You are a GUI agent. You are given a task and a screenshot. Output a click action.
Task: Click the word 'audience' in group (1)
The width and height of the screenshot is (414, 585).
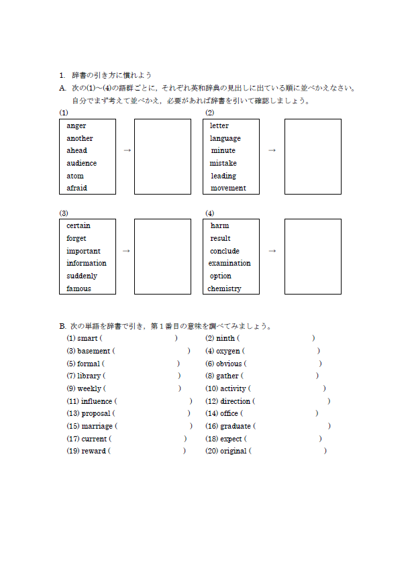[81, 163]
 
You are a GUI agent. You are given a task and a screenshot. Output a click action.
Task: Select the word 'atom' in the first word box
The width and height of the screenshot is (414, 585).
[75, 176]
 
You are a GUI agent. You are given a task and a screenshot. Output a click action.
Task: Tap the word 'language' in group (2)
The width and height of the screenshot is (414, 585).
[225, 138]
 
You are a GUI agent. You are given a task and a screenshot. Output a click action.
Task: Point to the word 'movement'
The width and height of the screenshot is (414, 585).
[228, 188]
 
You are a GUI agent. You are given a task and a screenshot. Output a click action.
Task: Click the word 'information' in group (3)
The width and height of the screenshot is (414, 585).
[86, 263]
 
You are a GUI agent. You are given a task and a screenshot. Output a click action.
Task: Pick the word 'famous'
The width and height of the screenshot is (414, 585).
[79, 288]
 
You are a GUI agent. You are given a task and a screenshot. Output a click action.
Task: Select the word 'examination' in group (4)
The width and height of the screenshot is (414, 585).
[229, 263]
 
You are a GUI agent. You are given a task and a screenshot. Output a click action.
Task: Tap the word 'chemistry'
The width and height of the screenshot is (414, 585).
[224, 288]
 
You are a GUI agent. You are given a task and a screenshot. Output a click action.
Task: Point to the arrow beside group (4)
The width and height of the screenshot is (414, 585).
[272, 250]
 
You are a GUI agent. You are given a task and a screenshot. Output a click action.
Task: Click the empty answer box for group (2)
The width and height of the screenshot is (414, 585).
[313, 156]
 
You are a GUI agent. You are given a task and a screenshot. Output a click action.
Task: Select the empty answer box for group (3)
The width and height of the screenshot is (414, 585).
[162, 256]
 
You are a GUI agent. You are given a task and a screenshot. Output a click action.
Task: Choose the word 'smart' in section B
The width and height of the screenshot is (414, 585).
[87, 338]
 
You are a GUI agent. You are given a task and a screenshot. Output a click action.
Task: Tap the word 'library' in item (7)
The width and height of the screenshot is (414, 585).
[89, 376]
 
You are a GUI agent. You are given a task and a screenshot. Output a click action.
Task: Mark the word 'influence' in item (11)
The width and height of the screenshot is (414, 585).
[97, 401]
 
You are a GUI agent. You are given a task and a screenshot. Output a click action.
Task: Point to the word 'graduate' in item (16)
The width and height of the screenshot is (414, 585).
[236, 426]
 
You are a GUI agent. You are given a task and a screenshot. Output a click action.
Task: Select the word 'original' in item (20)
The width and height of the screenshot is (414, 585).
[234, 451]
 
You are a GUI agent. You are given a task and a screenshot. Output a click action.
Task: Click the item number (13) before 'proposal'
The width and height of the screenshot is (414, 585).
[72, 413]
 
